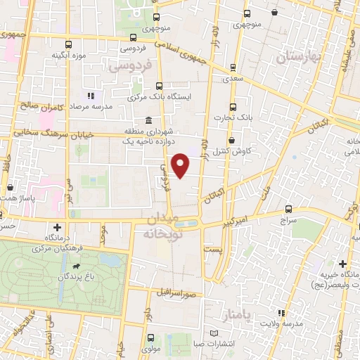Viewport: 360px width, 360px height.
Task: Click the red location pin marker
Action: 181,165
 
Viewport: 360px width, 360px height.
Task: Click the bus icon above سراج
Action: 289,210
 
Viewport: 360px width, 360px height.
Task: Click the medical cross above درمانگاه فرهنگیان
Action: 58,228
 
